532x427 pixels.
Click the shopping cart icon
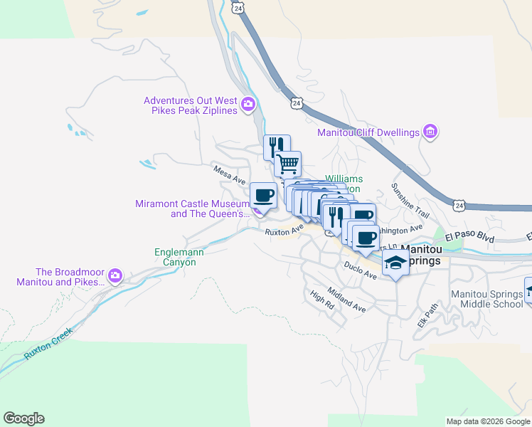click(x=288, y=164)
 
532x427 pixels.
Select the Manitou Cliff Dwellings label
click(x=368, y=132)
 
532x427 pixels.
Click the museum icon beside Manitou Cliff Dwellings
click(x=430, y=132)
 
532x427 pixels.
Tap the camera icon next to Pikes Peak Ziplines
click(x=248, y=106)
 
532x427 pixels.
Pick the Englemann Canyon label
click(x=175, y=257)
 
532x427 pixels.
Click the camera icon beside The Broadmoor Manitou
click(x=115, y=276)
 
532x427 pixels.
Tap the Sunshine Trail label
click(x=410, y=201)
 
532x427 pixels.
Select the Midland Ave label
click(x=346, y=300)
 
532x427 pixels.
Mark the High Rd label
click(x=321, y=299)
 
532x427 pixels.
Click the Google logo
click(x=23, y=418)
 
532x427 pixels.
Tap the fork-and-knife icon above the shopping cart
click(x=276, y=147)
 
